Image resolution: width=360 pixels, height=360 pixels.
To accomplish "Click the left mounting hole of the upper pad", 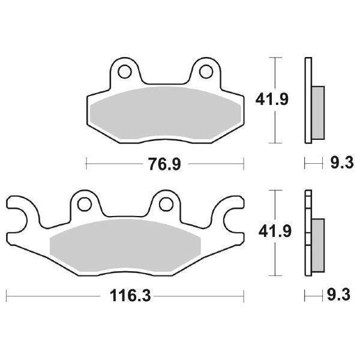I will [x=125, y=72].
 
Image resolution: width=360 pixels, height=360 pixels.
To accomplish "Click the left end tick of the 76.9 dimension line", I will [x=87, y=163].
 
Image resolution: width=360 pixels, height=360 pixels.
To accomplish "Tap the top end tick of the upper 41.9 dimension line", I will [x=275, y=58].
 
